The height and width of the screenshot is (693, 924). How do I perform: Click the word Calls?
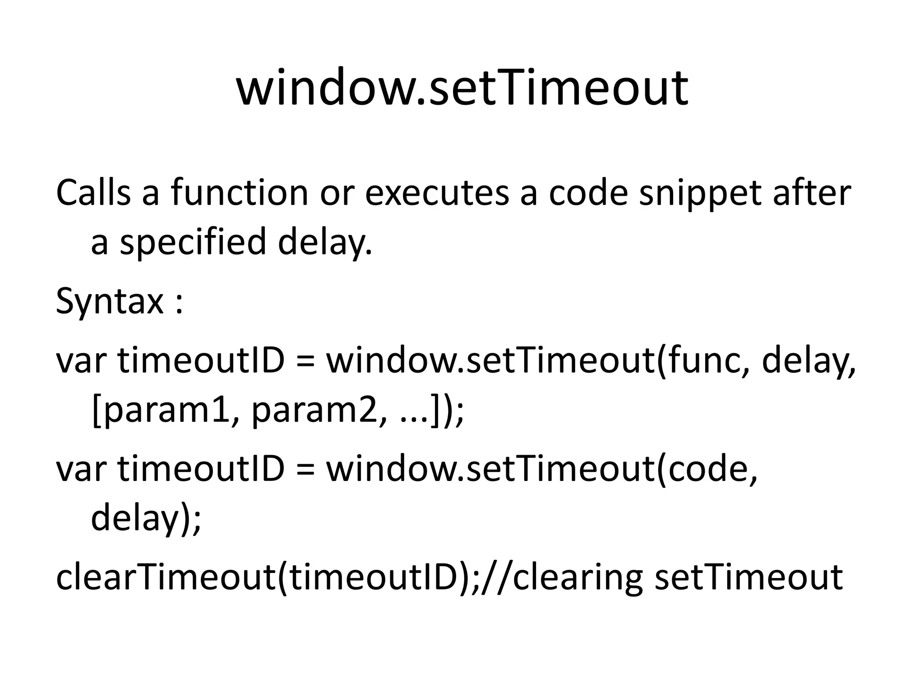(x=93, y=193)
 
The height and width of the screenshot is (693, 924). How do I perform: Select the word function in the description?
(x=239, y=193)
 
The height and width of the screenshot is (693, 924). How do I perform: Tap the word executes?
(x=437, y=193)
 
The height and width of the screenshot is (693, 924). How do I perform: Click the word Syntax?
(x=109, y=301)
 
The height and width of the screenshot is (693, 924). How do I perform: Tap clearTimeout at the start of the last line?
(x=165, y=577)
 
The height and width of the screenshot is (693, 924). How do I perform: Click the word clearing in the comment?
(x=577, y=577)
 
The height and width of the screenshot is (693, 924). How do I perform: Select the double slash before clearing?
(x=496, y=577)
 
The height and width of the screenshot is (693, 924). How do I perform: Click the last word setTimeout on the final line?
(x=748, y=577)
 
